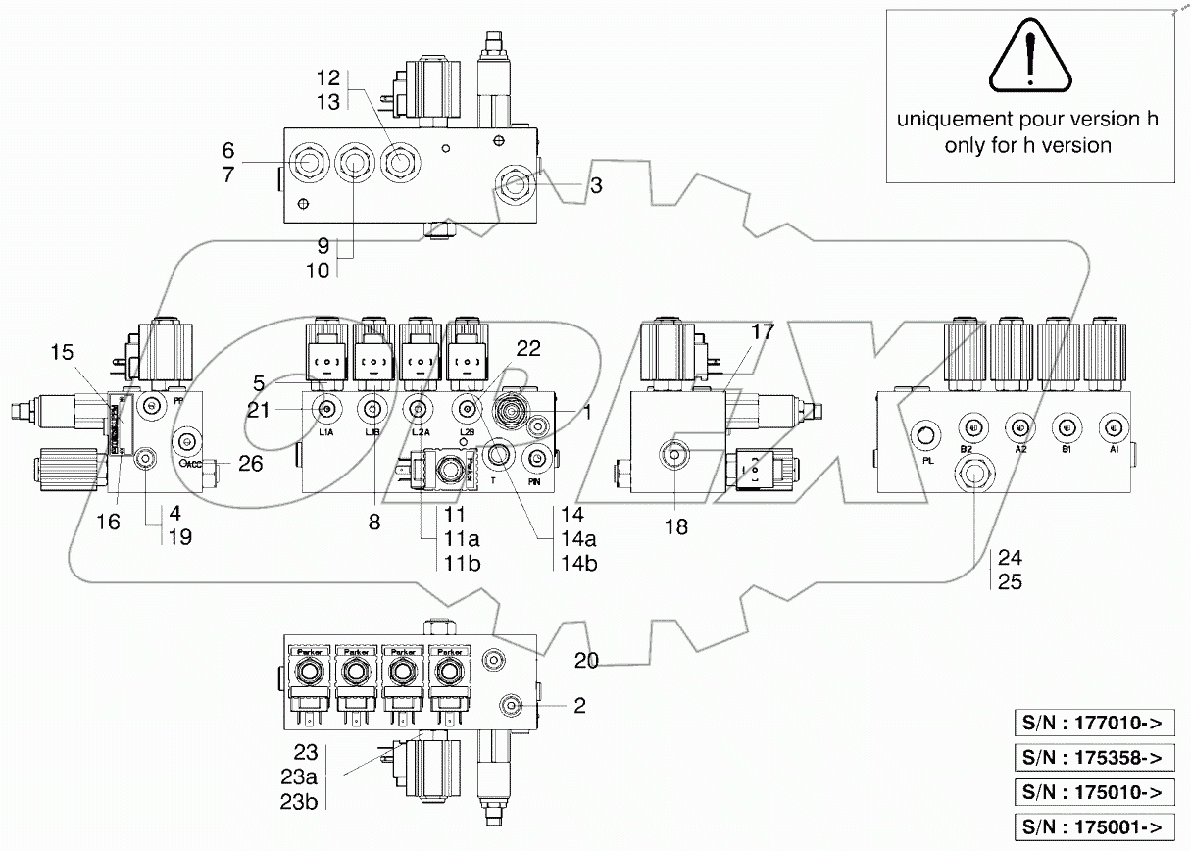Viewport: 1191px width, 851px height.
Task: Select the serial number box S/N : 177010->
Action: pyautogui.click(x=1092, y=725)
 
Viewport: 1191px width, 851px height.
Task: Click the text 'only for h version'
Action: pyautogui.click(x=1027, y=145)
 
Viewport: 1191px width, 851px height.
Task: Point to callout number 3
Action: pyautogui.click(x=595, y=186)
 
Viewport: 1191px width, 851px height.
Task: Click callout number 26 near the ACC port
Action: pyautogui.click(x=251, y=464)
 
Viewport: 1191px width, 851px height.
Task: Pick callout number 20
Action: pyautogui.click(x=586, y=661)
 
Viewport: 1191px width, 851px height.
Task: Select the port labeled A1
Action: pyautogui.click(x=1111, y=426)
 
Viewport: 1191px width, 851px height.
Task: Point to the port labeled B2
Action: pyautogui.click(x=969, y=426)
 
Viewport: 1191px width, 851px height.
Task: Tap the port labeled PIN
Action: pyautogui.click(x=537, y=459)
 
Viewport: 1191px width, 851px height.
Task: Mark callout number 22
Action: pyautogui.click(x=527, y=349)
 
